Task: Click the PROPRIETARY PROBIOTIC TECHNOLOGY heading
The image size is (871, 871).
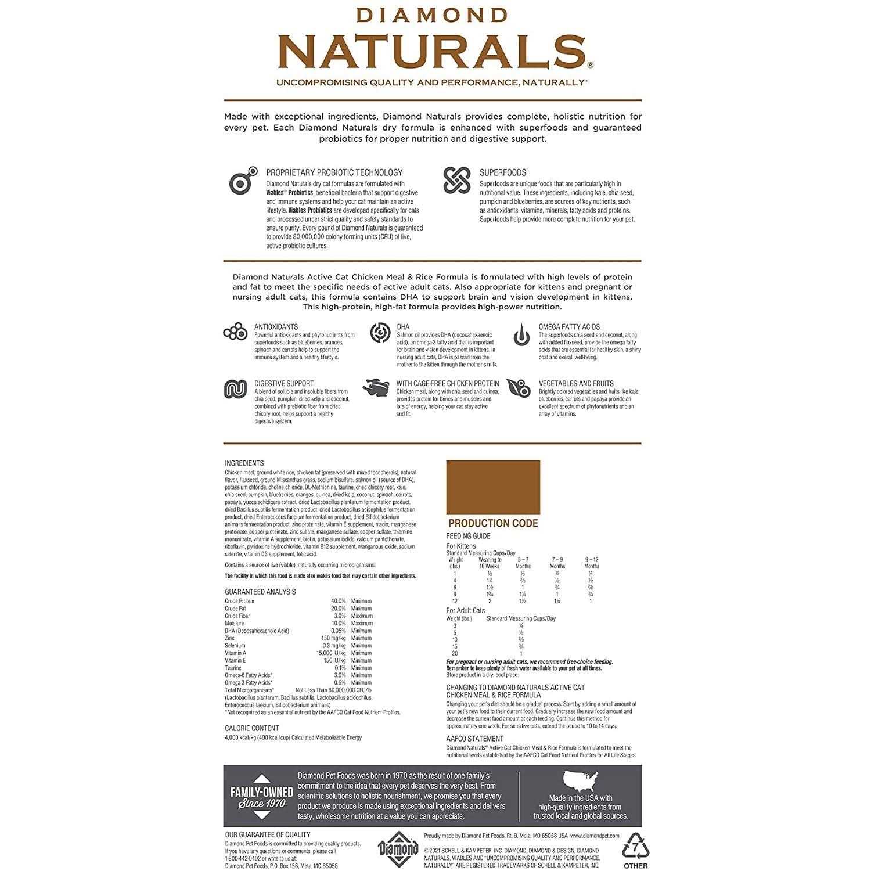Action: coord(334,172)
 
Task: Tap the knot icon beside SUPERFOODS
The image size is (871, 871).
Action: coord(456,180)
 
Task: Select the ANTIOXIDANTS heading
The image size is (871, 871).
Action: coord(276,327)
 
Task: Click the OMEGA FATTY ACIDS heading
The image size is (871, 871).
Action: coord(569,327)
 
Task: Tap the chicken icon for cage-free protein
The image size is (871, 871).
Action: coord(376,387)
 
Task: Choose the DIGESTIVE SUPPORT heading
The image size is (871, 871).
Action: coord(284,383)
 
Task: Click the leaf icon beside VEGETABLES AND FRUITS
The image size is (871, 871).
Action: coord(519,388)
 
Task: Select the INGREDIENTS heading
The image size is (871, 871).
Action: coord(244,463)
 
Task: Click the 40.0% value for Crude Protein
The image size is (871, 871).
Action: coord(338,601)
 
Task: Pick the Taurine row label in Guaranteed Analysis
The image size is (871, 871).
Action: coord(233,668)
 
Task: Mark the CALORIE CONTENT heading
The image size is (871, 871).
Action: coord(251,728)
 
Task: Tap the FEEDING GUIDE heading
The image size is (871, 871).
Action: coord(468,536)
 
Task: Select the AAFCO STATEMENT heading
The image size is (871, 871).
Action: coord(474,739)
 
